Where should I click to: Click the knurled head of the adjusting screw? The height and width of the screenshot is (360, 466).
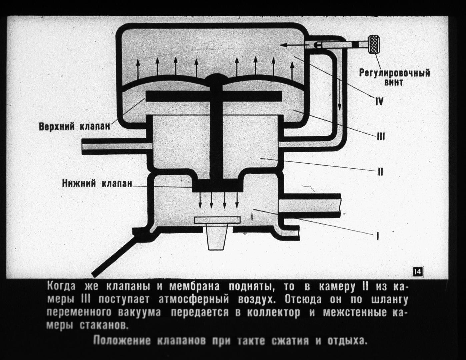(374, 45)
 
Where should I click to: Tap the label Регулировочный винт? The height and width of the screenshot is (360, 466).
(395, 77)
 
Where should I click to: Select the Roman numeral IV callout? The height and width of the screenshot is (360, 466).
(379, 101)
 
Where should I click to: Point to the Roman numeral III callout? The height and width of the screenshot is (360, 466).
(381, 136)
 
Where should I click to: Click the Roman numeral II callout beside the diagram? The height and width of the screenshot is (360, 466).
(380, 172)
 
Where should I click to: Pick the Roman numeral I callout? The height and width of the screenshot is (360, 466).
(377, 236)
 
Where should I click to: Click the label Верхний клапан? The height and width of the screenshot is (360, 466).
(74, 127)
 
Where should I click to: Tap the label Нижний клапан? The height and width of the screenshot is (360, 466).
(97, 184)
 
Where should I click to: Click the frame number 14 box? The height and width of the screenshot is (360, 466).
(418, 272)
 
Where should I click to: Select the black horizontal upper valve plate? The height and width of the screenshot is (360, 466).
(214, 96)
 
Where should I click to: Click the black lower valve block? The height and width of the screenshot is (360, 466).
(217, 186)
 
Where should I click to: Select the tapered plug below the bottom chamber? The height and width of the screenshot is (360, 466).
(217, 236)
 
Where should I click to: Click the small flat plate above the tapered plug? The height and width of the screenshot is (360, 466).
(217, 220)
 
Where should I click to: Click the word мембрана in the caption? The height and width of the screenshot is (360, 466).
(194, 287)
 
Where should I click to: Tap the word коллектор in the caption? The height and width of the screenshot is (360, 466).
(273, 312)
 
